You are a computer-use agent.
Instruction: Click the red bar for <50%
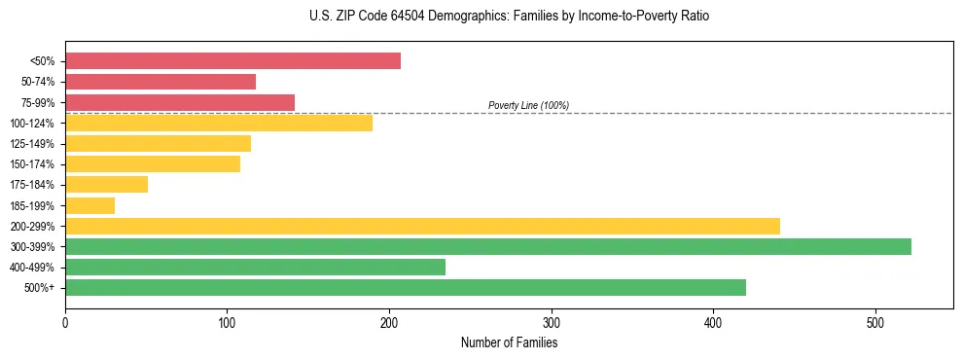tap(232, 61)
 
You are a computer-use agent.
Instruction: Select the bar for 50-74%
tap(160, 82)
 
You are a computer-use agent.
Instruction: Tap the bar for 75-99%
tap(180, 102)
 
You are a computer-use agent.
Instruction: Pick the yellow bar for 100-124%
tap(219, 123)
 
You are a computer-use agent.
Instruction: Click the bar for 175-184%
tap(106, 184)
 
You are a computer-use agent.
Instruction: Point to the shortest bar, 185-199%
tap(89, 205)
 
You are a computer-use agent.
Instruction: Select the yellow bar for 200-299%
tap(422, 226)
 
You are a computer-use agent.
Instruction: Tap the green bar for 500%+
tap(406, 287)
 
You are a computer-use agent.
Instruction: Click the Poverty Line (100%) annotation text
tap(528, 105)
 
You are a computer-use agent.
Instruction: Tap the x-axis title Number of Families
tap(509, 342)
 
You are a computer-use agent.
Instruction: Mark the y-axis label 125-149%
tap(32, 144)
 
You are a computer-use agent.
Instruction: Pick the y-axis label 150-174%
tap(32, 164)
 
